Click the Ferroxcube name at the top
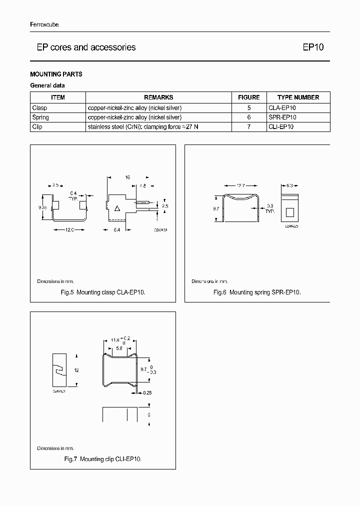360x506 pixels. click(x=44, y=25)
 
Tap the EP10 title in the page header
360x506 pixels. click(x=313, y=47)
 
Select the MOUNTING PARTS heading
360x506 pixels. click(x=56, y=74)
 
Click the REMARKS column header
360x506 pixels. click(x=158, y=97)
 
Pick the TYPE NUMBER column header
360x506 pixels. click(x=298, y=97)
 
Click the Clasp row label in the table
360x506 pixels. click(x=39, y=107)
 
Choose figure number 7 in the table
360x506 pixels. click(x=248, y=127)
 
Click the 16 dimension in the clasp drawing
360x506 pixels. click(x=127, y=177)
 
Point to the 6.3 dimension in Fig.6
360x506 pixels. click(x=289, y=186)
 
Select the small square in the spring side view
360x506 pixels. click(x=289, y=212)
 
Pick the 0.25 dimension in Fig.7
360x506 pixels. click(x=147, y=393)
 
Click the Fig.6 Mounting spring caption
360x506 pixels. click(x=257, y=292)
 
